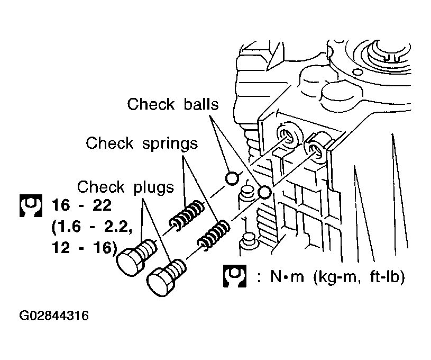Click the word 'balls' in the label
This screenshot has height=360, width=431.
point(201,104)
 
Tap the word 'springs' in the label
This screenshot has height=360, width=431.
point(170,144)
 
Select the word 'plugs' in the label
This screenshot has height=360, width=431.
point(154,188)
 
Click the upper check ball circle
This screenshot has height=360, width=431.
point(232,178)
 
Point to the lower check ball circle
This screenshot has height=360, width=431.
point(265,192)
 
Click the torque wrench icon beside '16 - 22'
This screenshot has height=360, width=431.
point(31,205)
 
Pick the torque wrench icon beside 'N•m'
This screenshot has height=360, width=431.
point(234,276)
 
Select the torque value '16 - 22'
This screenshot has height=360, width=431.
point(81,205)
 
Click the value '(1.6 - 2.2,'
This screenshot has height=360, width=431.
point(92,227)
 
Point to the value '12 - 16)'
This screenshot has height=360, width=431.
point(85,248)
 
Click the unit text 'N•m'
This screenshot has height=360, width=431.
point(287,276)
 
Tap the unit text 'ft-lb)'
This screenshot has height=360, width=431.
point(387,276)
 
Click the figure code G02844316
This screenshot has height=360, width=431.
point(54,316)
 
